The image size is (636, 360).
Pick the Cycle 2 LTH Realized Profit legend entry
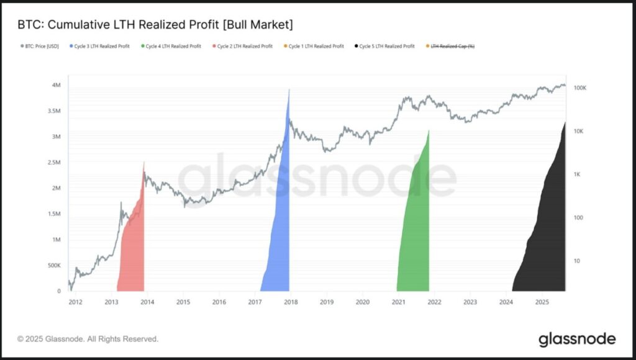click(244, 47)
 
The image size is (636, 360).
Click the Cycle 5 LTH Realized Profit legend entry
click(386, 47)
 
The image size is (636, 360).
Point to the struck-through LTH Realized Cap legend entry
click(452, 47)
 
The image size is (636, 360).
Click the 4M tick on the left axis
click(56, 85)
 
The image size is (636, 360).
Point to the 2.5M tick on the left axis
click(54, 163)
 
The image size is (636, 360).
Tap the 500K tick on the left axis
click(54, 266)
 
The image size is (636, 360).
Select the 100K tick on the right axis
click(580, 88)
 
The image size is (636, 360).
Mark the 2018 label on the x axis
click(291, 302)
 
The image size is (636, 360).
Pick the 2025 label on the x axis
click(542, 302)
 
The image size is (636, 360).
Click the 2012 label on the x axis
click(75, 302)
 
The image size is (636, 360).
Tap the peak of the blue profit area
click(289, 91)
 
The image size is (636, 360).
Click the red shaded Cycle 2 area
click(132, 248)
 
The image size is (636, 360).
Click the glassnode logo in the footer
click(577, 339)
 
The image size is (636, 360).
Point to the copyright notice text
click(88, 339)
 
